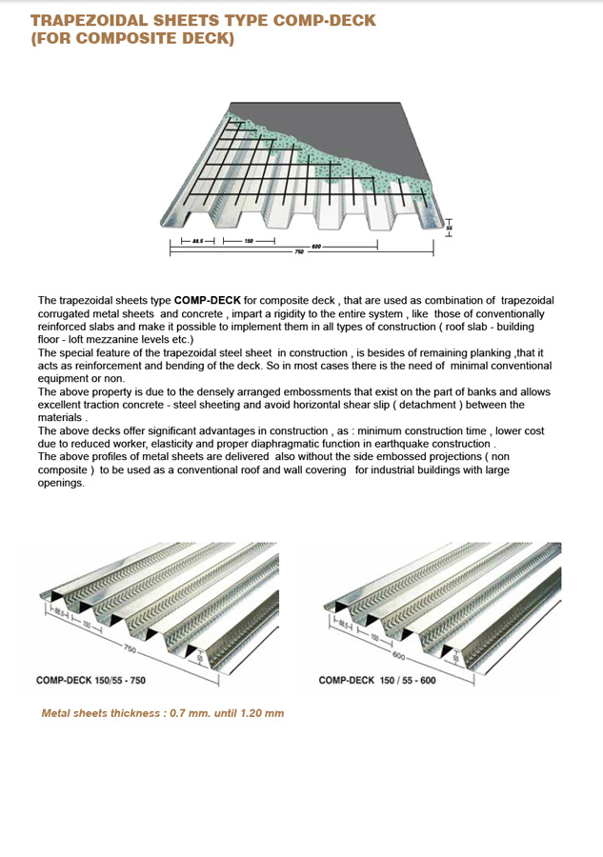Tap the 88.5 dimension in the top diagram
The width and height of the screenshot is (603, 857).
coord(197,241)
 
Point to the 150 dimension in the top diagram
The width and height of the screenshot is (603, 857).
coord(249,241)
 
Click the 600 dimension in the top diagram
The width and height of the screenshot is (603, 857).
coord(317,246)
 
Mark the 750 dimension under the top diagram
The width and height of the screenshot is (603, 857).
coord(299,252)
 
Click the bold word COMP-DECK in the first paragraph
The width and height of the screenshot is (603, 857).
coord(201,301)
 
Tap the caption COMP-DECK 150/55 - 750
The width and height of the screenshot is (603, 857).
coord(90,680)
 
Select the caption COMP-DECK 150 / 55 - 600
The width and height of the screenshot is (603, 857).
coord(377,681)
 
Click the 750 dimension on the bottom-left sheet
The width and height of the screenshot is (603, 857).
coord(130,648)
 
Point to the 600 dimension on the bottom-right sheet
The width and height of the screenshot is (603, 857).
coord(399,657)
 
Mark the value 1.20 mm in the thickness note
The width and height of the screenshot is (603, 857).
coord(261,713)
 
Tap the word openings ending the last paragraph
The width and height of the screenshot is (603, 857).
coord(61,483)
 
